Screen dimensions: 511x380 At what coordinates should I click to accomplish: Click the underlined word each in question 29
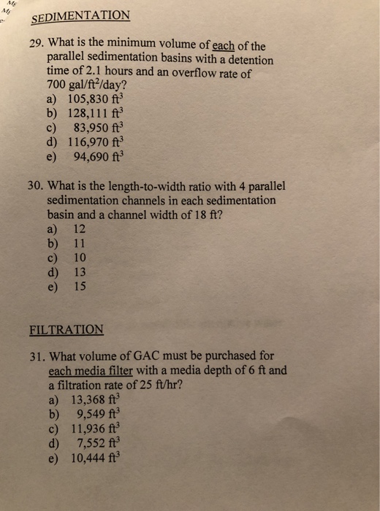click(218, 45)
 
